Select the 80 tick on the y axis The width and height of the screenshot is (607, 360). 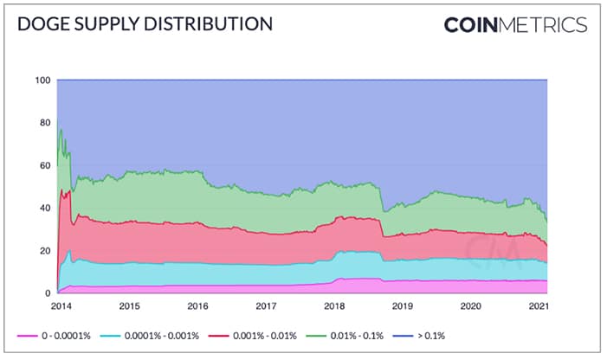pyautogui.click(x=46, y=123)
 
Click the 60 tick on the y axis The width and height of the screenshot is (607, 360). pyautogui.click(x=46, y=165)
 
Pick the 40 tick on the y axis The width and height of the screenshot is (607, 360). pyautogui.click(x=46, y=208)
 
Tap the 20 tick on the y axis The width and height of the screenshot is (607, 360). pyautogui.click(x=46, y=250)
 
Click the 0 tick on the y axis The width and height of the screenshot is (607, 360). pyautogui.click(x=48, y=293)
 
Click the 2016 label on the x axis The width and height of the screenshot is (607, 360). pyautogui.click(x=198, y=306)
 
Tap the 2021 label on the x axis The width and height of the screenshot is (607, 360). pyautogui.click(x=538, y=306)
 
